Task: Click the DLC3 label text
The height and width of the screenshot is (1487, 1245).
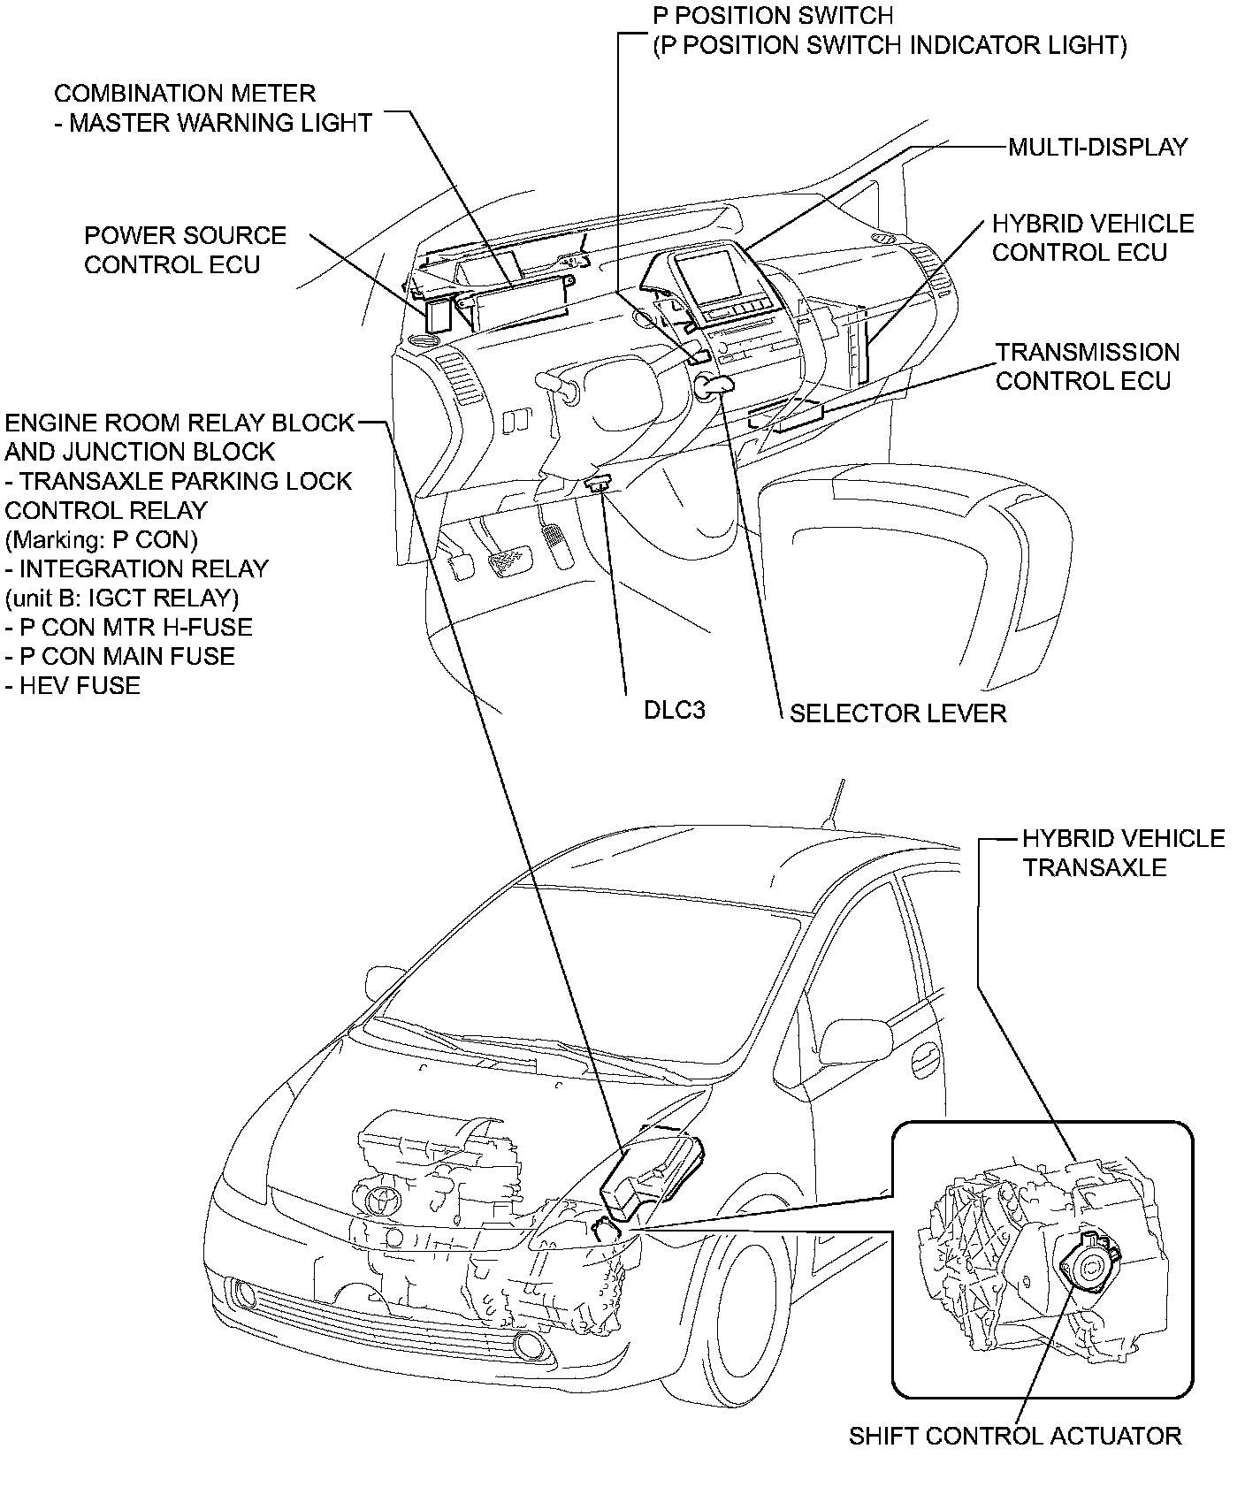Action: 674,710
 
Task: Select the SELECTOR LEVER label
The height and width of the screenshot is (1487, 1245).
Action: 897,713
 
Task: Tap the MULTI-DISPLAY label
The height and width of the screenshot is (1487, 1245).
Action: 1098,147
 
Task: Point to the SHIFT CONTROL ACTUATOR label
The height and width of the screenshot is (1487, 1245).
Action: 1015,1436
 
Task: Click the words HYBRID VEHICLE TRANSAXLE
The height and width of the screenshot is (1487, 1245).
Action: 1123,852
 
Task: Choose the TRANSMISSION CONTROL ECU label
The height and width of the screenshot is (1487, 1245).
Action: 1087,366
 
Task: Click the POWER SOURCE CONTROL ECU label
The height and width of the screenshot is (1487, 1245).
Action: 185,249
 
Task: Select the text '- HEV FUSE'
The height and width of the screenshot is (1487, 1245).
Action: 73,685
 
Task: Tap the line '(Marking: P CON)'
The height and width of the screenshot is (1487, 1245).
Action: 101,539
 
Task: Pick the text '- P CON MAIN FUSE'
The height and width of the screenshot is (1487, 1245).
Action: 120,656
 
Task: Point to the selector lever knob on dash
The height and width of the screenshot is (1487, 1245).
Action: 714,385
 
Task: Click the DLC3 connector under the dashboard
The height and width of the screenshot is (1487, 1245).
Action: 600,483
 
